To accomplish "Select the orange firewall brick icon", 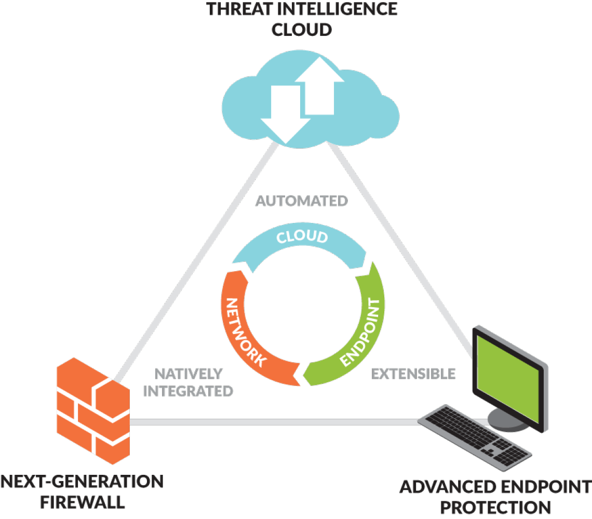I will [92, 410].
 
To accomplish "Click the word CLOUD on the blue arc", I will [302, 237].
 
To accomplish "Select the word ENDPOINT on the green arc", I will [362, 332].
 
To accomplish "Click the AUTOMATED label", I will [302, 201].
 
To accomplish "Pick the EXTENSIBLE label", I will [413, 373].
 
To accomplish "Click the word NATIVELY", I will [189, 373].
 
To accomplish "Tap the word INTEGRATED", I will [188, 391].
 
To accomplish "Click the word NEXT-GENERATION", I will [82, 482].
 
